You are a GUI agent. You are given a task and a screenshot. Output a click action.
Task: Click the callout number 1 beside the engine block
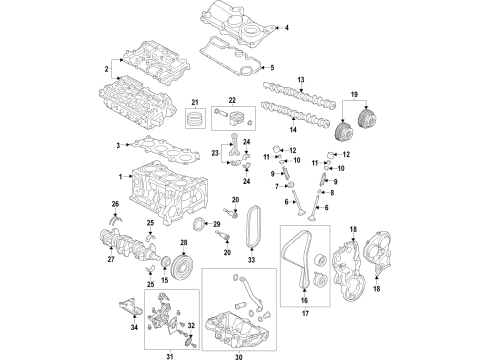(121, 177)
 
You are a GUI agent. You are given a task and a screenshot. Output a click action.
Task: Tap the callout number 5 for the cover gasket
(286, 67)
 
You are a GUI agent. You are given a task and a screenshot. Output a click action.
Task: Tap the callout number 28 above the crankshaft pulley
(184, 243)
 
